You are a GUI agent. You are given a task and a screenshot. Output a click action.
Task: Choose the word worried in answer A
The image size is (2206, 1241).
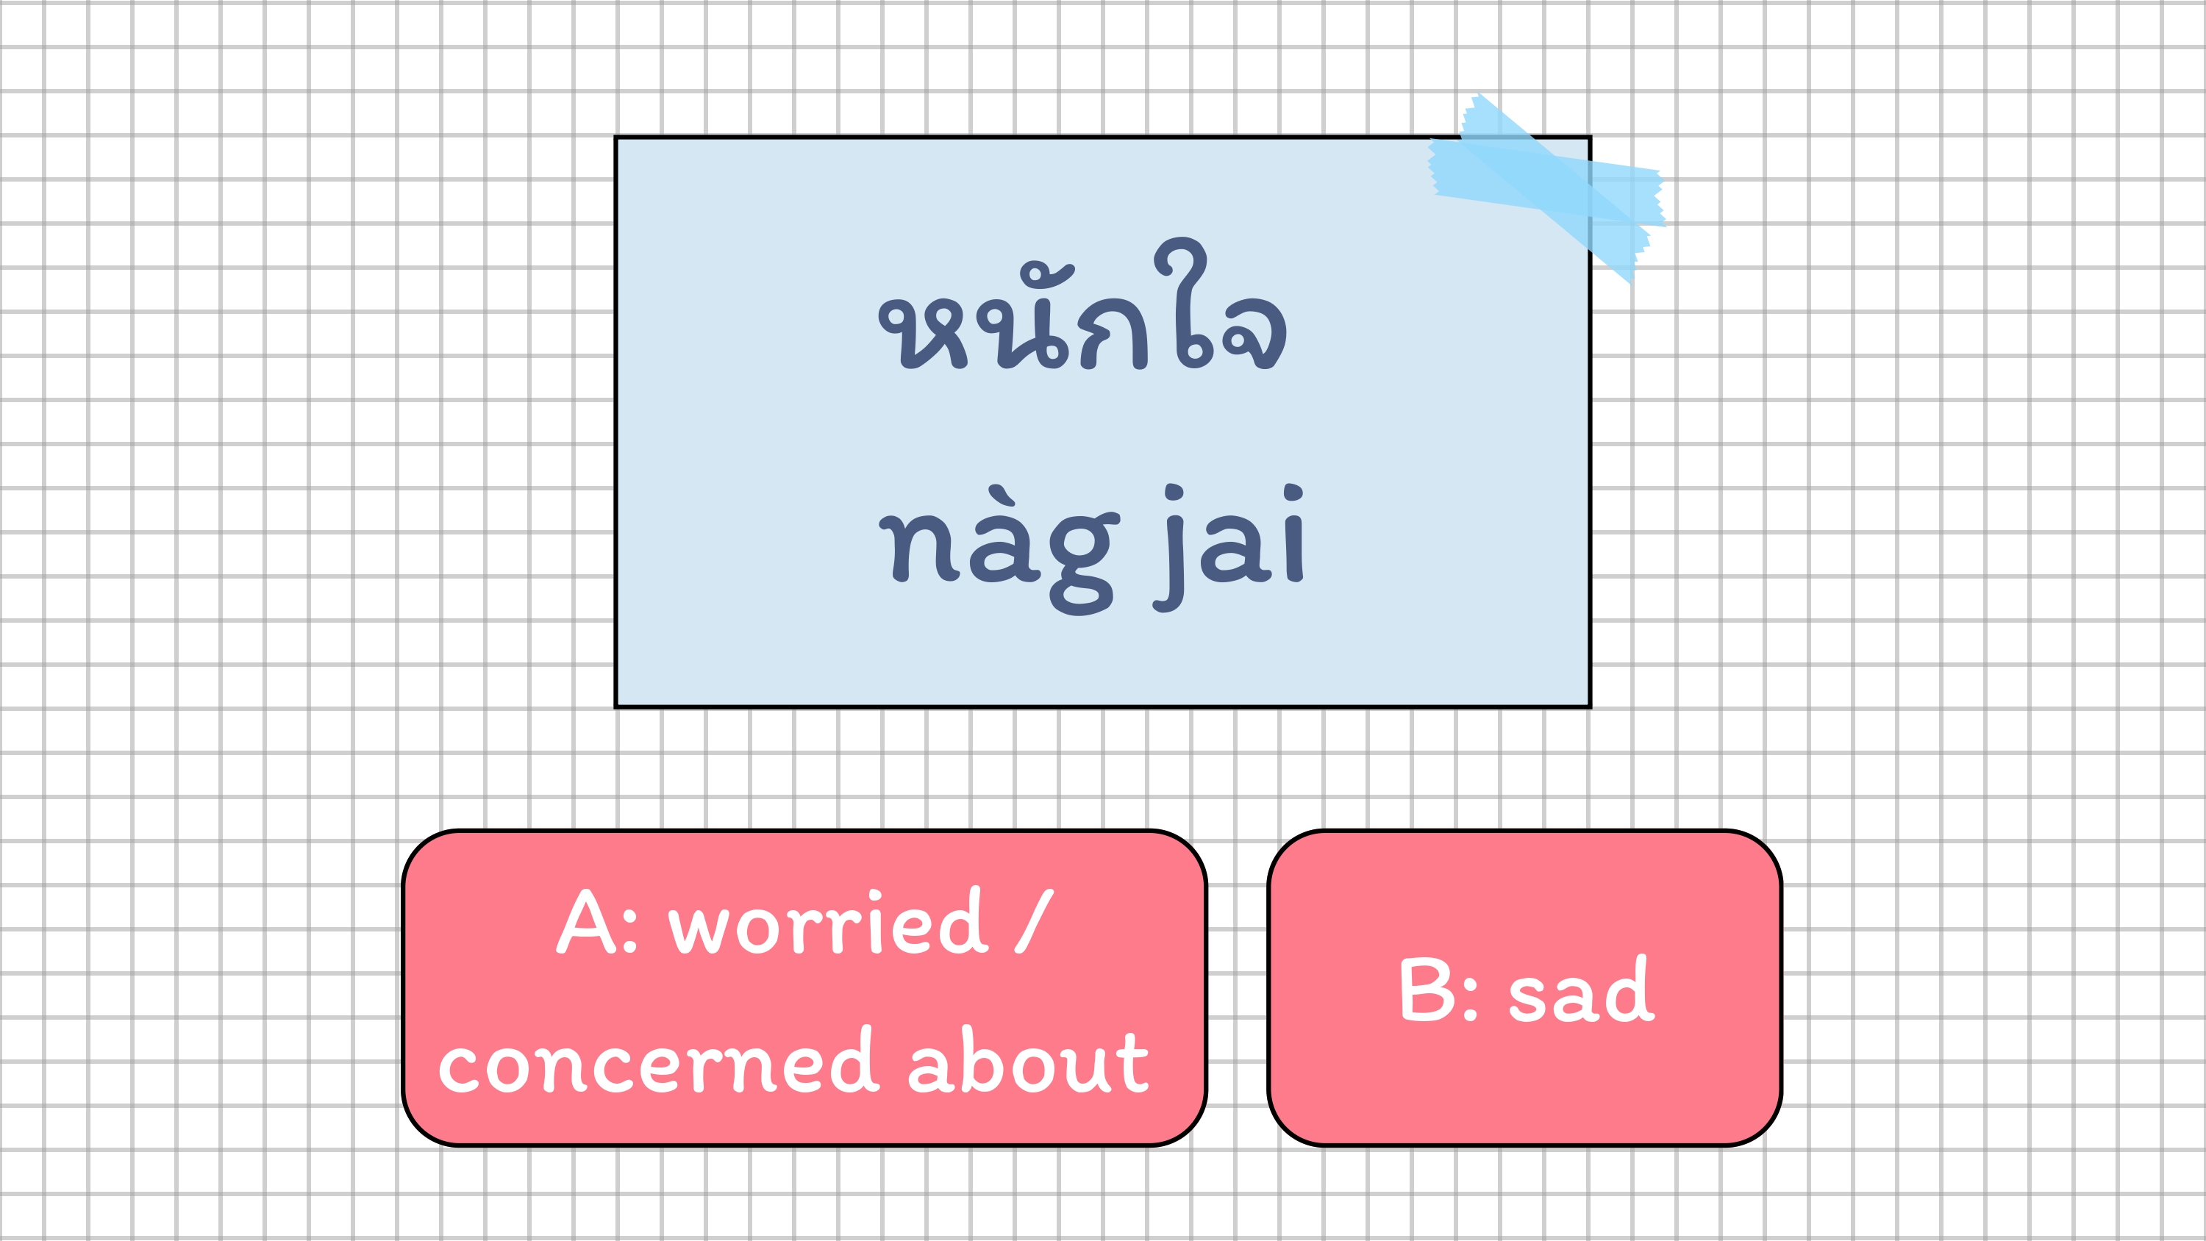pyautogui.click(x=828, y=923)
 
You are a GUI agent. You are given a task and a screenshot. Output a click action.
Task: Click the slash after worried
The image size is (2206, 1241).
pyautogui.click(x=1034, y=921)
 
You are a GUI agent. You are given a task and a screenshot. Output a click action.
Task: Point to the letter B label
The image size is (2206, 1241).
pyautogui.click(x=1427, y=990)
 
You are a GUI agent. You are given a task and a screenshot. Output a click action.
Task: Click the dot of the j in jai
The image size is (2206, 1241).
pyautogui.click(x=1175, y=494)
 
